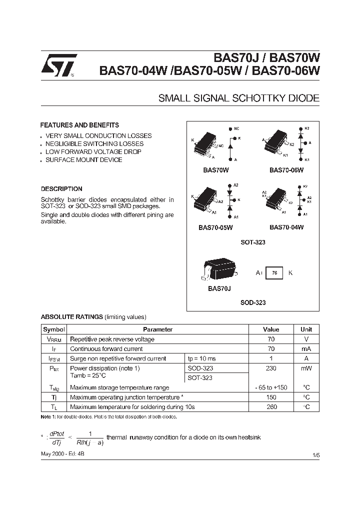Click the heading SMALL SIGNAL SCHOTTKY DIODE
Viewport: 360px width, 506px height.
(x=238, y=98)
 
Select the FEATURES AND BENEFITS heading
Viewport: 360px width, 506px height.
(x=79, y=125)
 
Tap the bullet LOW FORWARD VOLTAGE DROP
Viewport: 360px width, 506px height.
(x=93, y=151)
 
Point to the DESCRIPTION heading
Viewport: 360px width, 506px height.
(x=61, y=189)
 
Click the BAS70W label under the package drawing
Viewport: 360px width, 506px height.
(x=216, y=170)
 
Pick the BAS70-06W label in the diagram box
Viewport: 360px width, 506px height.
(x=286, y=170)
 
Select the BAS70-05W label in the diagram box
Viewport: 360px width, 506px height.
(x=215, y=227)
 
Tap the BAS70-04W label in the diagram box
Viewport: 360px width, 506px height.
(x=286, y=227)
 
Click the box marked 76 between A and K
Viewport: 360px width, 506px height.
(x=274, y=273)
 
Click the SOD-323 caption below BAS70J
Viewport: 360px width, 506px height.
(x=252, y=302)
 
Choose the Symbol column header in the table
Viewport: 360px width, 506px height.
(x=53, y=329)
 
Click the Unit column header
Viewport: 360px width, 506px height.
(x=306, y=329)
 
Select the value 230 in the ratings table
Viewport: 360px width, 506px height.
(x=271, y=368)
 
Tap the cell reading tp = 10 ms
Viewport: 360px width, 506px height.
(x=201, y=358)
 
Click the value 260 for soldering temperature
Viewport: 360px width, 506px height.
(x=271, y=406)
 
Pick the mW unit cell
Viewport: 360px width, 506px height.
(x=306, y=368)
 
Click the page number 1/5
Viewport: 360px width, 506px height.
(x=315, y=454)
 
